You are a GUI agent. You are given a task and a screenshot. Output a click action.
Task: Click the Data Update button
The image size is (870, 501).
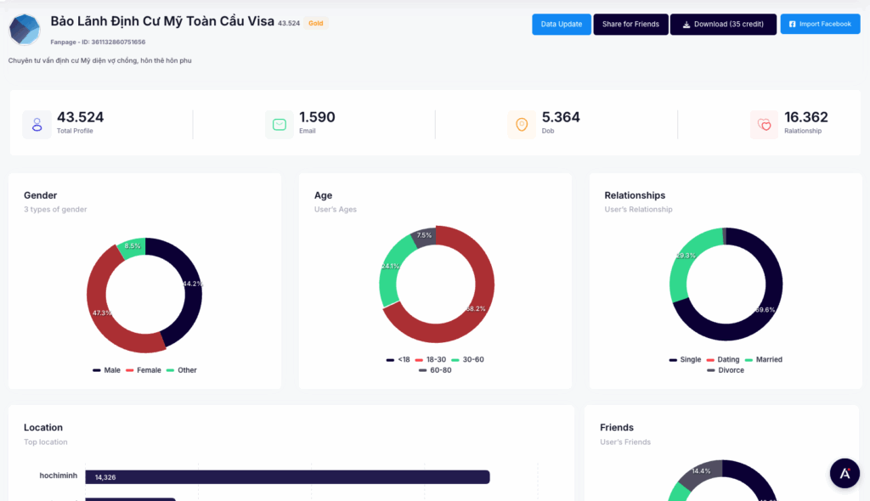[x=562, y=24]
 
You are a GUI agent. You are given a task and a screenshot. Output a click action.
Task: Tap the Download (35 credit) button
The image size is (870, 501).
[x=723, y=24]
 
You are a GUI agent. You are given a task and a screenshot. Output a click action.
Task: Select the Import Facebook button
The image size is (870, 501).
[x=820, y=24]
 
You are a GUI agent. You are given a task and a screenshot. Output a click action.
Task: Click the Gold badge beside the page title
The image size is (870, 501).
[x=315, y=23]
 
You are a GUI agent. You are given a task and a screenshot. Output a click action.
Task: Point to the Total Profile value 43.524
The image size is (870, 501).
[x=80, y=117]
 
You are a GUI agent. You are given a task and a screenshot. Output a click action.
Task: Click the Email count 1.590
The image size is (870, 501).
[x=317, y=117]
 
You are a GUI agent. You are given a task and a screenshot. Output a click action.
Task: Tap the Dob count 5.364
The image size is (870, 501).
[x=561, y=117]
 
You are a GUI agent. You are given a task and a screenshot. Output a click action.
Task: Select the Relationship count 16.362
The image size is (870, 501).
[x=805, y=117]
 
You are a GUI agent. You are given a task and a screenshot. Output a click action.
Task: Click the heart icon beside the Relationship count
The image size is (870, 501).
[x=764, y=125]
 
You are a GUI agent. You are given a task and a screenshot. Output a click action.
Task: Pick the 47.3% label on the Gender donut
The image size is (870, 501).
[x=102, y=312]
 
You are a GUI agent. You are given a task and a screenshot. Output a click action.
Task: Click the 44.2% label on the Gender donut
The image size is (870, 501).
[x=193, y=284]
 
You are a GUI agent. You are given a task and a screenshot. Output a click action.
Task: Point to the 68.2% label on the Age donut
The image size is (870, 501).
[x=476, y=308]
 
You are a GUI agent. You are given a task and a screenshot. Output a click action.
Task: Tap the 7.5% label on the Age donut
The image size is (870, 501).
[x=424, y=235]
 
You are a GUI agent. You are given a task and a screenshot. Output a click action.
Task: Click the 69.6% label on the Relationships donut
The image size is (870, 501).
[x=765, y=310]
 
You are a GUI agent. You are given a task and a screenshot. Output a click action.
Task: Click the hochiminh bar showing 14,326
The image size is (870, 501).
[x=289, y=477]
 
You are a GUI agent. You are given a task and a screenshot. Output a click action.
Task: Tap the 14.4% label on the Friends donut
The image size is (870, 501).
[x=701, y=471]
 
